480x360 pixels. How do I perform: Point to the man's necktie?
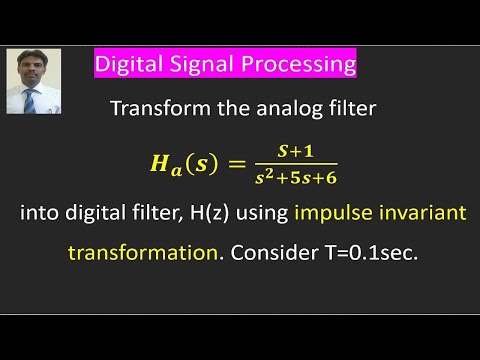pyautogui.click(x=31, y=101)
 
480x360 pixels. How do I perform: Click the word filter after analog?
pyautogui.click(x=349, y=110)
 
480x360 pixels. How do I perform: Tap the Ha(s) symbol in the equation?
pyautogui.click(x=179, y=165)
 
